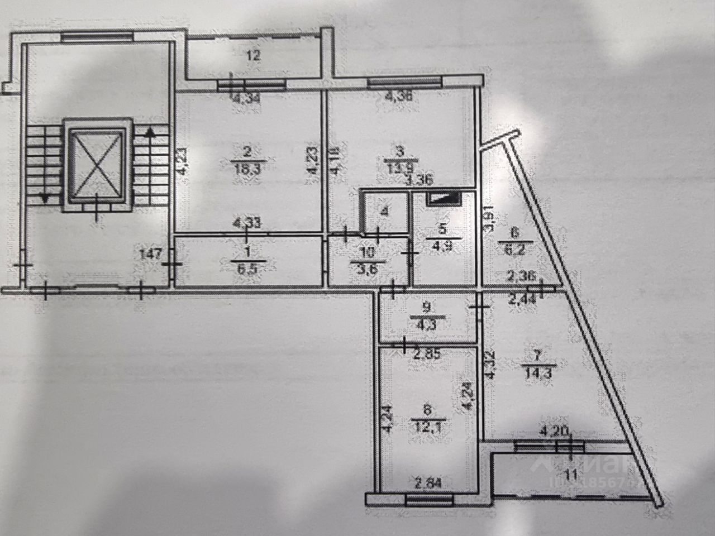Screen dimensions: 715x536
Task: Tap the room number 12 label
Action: [x=254, y=55]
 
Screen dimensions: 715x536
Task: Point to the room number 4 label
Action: [x=384, y=212]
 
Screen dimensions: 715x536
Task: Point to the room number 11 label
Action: [x=570, y=475]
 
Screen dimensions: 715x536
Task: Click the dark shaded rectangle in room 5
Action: [x=444, y=198]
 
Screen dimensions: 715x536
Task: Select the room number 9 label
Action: [x=427, y=306]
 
